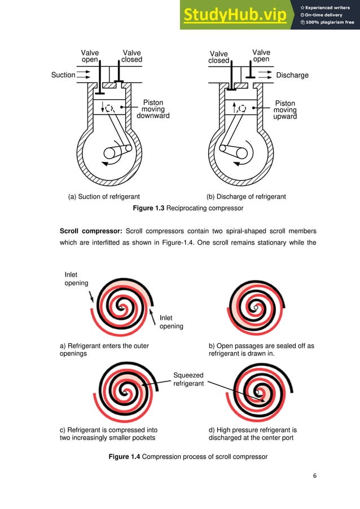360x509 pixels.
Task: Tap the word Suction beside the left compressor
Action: tap(63, 75)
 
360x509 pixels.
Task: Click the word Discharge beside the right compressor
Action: tap(292, 75)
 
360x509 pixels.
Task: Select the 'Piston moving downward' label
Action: tap(153, 109)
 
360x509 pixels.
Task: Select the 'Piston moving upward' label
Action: tap(285, 110)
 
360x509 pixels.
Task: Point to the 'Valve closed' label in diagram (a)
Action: tap(132, 56)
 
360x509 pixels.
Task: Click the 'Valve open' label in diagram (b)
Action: tap(261, 56)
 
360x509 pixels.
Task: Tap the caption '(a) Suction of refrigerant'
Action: tap(104, 197)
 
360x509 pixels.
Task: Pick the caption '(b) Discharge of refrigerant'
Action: tap(246, 197)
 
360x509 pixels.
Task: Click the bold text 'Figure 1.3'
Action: tap(147, 209)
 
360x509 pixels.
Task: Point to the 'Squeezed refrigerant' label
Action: tap(188, 380)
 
